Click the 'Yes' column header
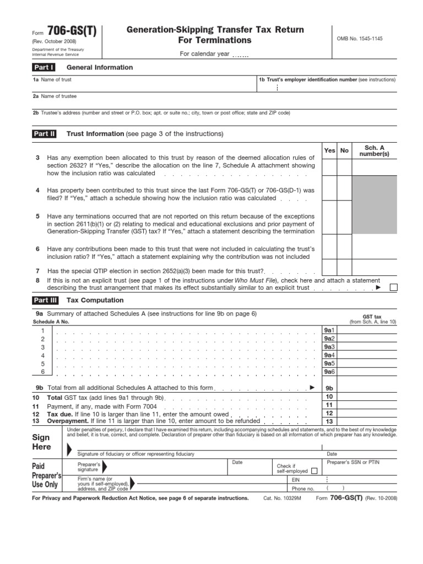point(329,150)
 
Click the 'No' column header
point(345,150)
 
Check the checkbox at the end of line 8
point(393,287)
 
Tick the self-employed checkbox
point(314,470)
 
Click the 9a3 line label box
point(329,347)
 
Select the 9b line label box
point(329,388)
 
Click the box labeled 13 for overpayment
point(329,421)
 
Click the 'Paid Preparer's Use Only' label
point(45,475)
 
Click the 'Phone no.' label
point(303,488)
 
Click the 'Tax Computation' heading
point(95,300)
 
